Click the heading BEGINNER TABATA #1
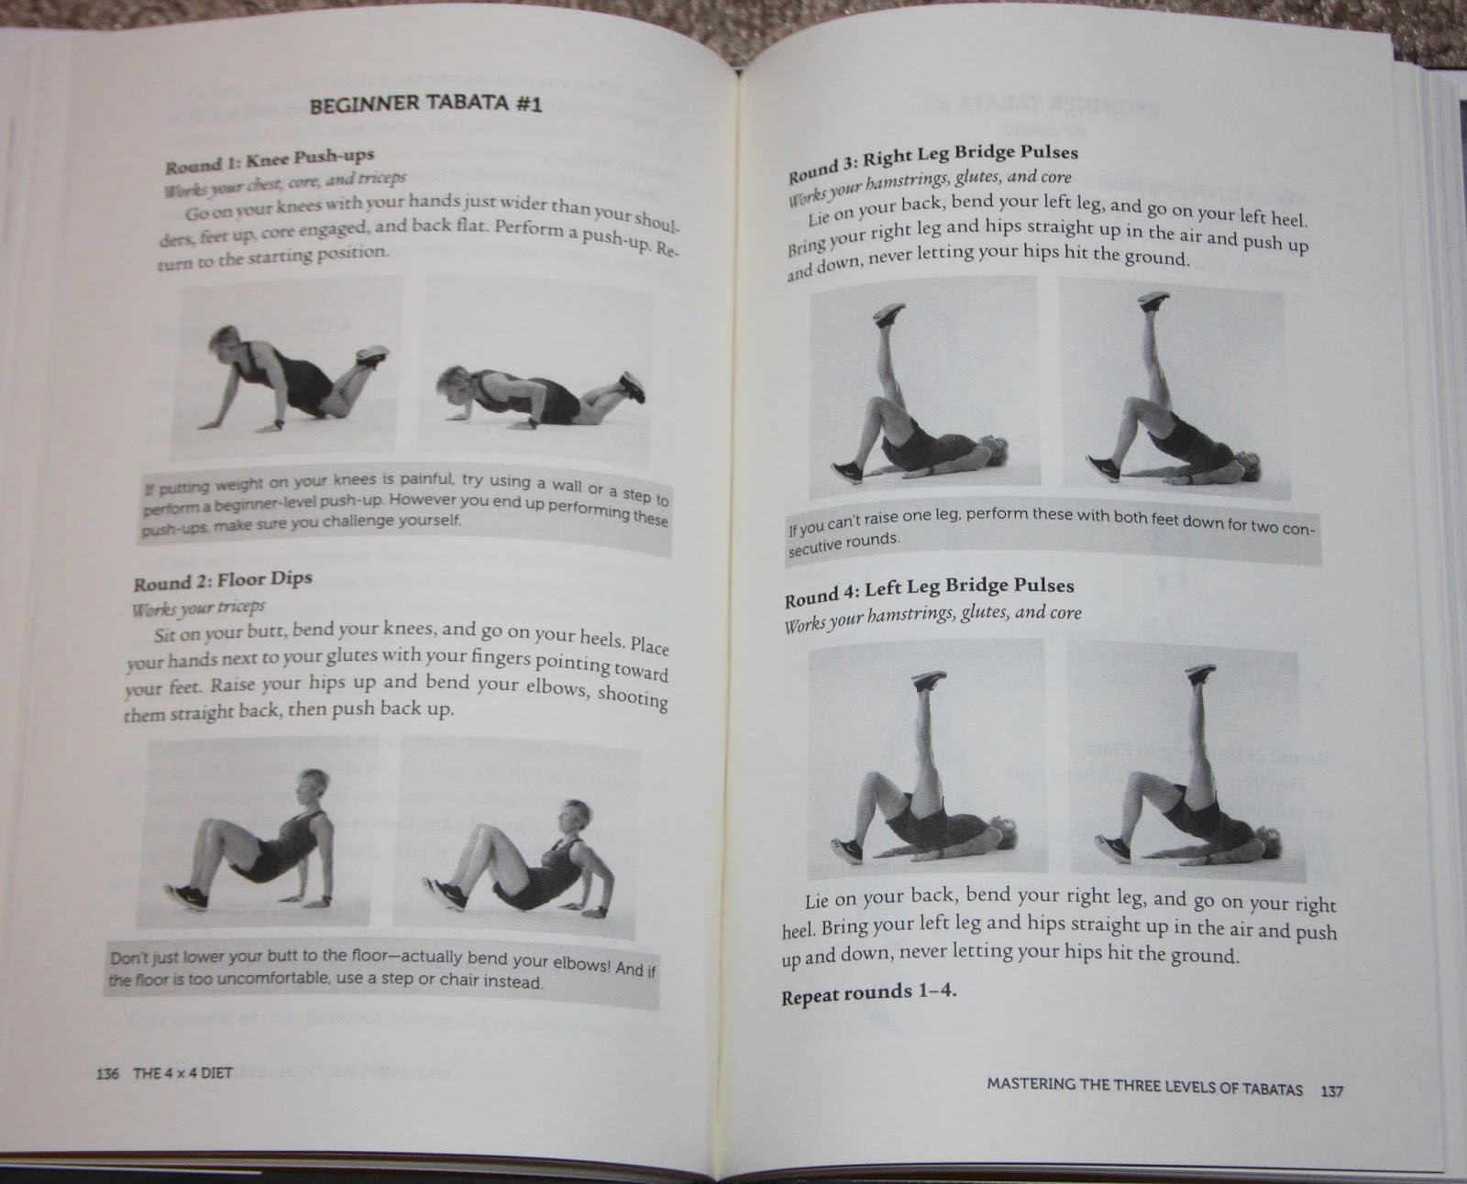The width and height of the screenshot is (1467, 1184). point(425,104)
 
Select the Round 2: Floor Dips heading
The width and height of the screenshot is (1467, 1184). point(223,580)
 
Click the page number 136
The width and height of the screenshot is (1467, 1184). point(107,1073)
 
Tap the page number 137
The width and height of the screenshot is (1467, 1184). point(1332,1091)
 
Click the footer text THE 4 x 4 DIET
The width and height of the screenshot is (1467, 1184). point(182,1072)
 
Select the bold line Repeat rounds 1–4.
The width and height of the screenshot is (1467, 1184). point(868,994)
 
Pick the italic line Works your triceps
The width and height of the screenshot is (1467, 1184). point(198,608)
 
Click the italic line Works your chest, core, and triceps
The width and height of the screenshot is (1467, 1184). point(285,183)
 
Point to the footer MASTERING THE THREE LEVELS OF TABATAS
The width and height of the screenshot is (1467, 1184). point(1144,1087)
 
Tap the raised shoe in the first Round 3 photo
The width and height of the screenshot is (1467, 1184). point(889,313)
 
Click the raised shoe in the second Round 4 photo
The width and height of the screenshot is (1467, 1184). point(1200,673)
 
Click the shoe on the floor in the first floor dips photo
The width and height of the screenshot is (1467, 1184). point(186,896)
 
